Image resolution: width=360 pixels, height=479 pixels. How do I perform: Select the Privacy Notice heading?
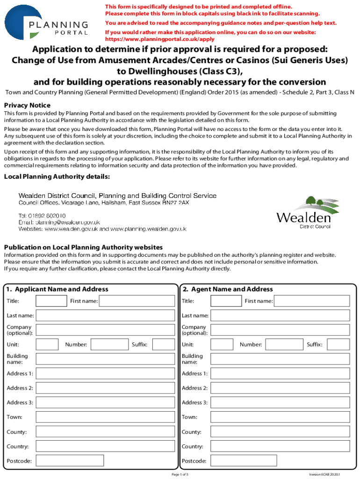point(27,105)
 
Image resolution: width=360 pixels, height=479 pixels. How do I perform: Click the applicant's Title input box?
point(51,301)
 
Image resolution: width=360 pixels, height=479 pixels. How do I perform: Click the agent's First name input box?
point(312,301)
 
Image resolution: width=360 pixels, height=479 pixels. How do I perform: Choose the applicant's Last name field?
point(106,316)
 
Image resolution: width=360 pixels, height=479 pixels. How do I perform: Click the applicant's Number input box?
point(109,345)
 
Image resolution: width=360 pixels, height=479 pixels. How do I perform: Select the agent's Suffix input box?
point(338,345)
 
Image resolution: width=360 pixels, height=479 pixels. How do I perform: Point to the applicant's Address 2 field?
point(106,388)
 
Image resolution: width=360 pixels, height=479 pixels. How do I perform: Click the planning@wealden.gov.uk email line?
point(59,222)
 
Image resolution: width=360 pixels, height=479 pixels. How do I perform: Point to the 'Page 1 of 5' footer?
point(180,474)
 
